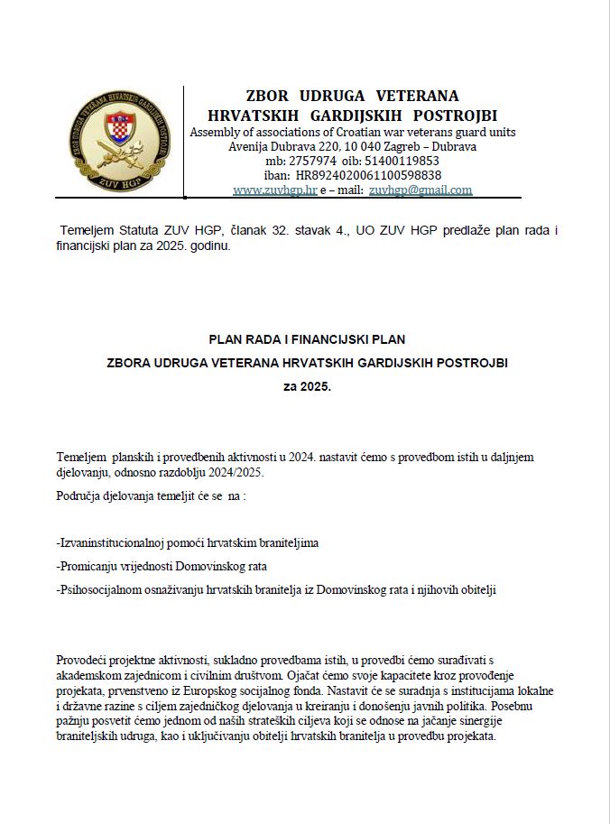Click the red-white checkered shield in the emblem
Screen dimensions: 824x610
pos(119,132)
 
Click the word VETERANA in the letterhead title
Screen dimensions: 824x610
pos(417,96)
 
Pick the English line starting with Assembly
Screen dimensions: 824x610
pos(352,132)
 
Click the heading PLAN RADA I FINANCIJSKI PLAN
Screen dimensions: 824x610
pos(307,339)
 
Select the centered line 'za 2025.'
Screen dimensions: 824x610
pos(307,386)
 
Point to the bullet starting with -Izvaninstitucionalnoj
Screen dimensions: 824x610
pos(187,543)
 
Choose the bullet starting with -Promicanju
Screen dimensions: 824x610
pos(162,566)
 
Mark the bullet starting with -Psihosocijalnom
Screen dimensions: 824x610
pos(276,589)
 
